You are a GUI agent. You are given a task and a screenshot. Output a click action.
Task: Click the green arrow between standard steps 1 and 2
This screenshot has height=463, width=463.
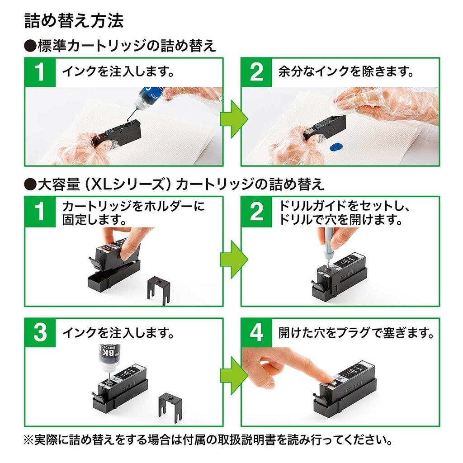pos(233,119)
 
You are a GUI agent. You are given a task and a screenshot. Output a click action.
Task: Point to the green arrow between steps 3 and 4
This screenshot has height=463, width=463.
pos(233,375)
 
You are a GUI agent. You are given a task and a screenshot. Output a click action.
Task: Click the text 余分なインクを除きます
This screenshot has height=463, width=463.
pos(346,72)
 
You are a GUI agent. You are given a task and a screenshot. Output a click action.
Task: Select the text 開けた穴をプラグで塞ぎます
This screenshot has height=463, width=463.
pos(356,334)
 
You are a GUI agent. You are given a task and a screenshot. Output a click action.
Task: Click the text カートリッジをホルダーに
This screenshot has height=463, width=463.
pos(133,207)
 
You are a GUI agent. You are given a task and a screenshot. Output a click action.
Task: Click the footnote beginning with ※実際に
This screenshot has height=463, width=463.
pos(208,439)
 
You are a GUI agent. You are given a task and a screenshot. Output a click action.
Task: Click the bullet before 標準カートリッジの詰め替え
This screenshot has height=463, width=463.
pos(30,46)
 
